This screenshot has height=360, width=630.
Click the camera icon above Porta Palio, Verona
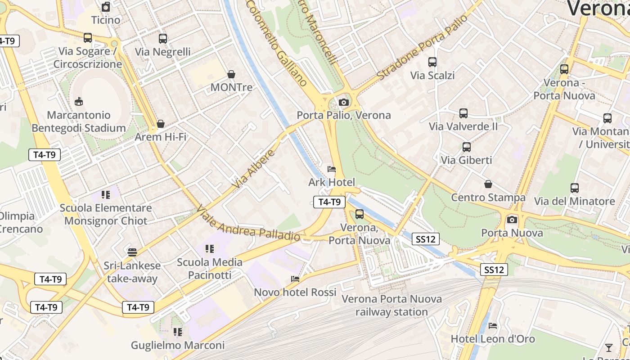344,103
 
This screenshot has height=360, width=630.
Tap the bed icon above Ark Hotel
332,170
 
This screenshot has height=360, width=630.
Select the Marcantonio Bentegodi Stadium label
79,121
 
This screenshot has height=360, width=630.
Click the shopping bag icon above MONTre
231,74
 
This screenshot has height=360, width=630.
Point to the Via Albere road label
254,170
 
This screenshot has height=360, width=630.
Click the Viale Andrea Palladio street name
248,224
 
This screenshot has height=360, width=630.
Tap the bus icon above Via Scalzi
432,63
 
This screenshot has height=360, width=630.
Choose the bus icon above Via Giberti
466,147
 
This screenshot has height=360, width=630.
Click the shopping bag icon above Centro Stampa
488,184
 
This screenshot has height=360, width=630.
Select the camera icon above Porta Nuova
512,220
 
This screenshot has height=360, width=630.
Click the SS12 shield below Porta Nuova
494,270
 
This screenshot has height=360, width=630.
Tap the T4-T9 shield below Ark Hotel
329,202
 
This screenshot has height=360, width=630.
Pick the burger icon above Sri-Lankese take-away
132,252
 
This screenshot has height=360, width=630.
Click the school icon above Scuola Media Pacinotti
209,248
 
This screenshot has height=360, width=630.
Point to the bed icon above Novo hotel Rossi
295,279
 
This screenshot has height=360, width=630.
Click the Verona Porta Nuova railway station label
391,305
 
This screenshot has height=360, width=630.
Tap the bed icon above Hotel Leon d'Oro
493,325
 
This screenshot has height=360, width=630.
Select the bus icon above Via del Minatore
574,188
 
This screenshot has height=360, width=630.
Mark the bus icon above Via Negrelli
163,39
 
